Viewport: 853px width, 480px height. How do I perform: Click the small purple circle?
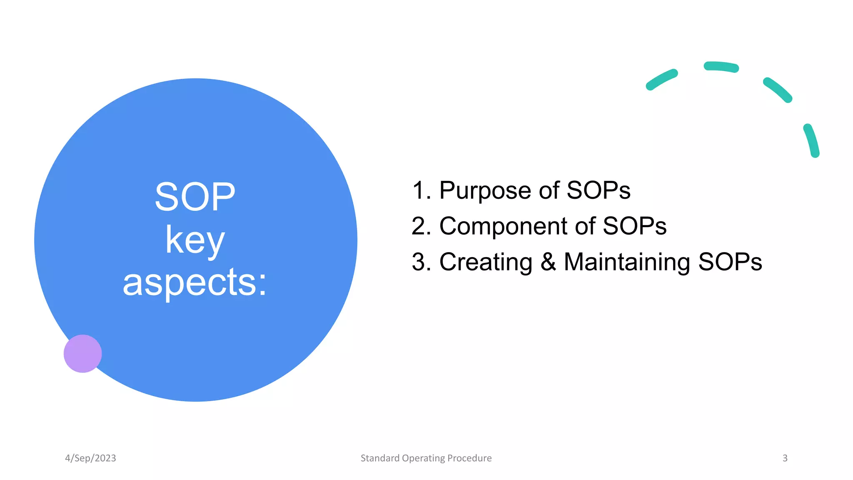(x=82, y=353)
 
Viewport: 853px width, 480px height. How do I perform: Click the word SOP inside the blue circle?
(x=195, y=197)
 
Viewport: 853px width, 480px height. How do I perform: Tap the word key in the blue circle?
(x=195, y=240)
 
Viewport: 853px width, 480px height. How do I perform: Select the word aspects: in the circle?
(x=195, y=283)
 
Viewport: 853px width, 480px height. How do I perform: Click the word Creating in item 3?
(x=486, y=262)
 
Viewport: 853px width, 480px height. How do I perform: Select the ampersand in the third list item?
(x=548, y=262)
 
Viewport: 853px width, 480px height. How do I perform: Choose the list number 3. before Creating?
(x=421, y=262)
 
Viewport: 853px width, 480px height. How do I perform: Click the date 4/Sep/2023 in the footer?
(x=90, y=458)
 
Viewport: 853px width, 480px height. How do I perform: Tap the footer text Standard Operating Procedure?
(x=426, y=458)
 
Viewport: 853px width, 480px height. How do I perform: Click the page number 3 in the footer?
(x=785, y=458)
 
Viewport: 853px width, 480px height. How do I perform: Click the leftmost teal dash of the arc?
(x=661, y=80)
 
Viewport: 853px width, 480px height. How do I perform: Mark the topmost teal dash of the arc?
(x=721, y=67)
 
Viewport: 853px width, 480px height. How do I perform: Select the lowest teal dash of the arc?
(x=812, y=140)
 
